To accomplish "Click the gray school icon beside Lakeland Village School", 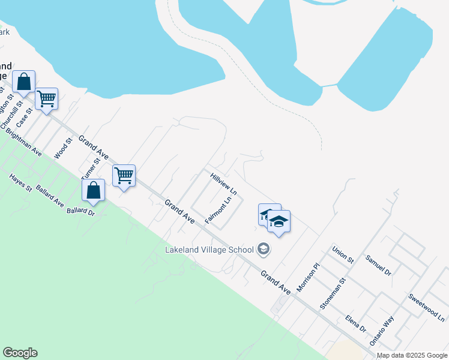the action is [263, 248].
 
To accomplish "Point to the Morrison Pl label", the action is [308, 274].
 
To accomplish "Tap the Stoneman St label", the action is [334, 293].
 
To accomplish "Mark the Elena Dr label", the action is [355, 323].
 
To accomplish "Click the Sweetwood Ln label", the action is [427, 306].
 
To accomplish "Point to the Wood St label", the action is [63, 148].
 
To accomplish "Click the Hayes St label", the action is [21, 182].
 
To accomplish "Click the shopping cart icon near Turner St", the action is [124, 176].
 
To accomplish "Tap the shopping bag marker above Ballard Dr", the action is [94, 191].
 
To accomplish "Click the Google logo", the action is [20, 353].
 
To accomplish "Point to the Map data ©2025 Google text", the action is [412, 355].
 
